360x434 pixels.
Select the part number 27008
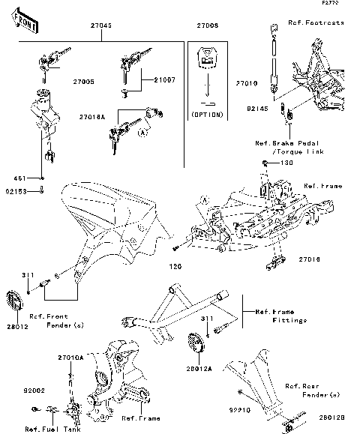tap(207, 25)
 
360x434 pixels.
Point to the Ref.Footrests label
tap(316, 23)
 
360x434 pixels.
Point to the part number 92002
tap(34, 391)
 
